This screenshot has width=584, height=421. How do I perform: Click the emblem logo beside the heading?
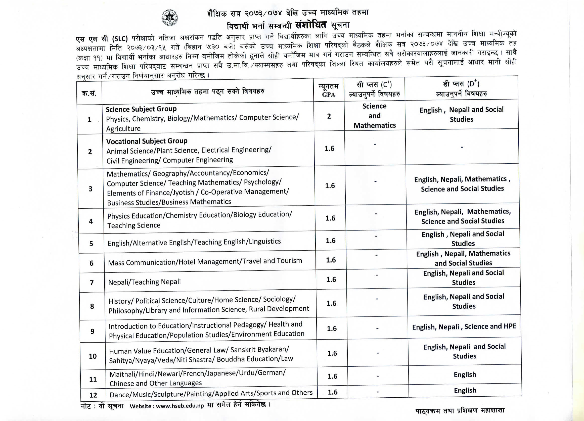point(169,18)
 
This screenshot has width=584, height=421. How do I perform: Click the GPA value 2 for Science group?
point(329,116)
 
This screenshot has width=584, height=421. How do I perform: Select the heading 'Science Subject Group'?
point(141,109)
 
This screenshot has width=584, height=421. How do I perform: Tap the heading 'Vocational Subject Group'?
point(147,141)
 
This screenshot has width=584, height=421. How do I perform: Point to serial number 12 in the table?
point(93,395)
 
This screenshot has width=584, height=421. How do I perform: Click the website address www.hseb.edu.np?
point(180,406)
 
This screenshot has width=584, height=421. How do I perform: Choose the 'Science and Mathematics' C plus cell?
point(375,116)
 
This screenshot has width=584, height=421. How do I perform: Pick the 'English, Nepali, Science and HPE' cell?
point(464,327)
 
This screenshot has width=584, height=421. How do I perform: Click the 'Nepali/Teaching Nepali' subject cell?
point(145,282)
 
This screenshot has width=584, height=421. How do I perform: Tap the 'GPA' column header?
point(329,95)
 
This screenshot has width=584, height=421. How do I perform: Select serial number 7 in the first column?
point(92,283)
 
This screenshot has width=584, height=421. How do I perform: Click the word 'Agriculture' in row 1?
point(123,128)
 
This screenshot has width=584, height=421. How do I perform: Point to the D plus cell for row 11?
point(465,375)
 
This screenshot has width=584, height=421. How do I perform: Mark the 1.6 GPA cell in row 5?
point(331,241)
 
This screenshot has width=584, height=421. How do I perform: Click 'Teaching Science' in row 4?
point(134,225)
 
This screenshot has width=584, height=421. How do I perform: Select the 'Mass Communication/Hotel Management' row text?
point(205,262)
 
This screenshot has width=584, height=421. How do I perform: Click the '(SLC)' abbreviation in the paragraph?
point(120,39)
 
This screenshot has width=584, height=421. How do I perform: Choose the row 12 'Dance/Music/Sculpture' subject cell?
point(211,393)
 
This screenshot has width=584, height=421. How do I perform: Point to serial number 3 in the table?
point(91,189)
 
